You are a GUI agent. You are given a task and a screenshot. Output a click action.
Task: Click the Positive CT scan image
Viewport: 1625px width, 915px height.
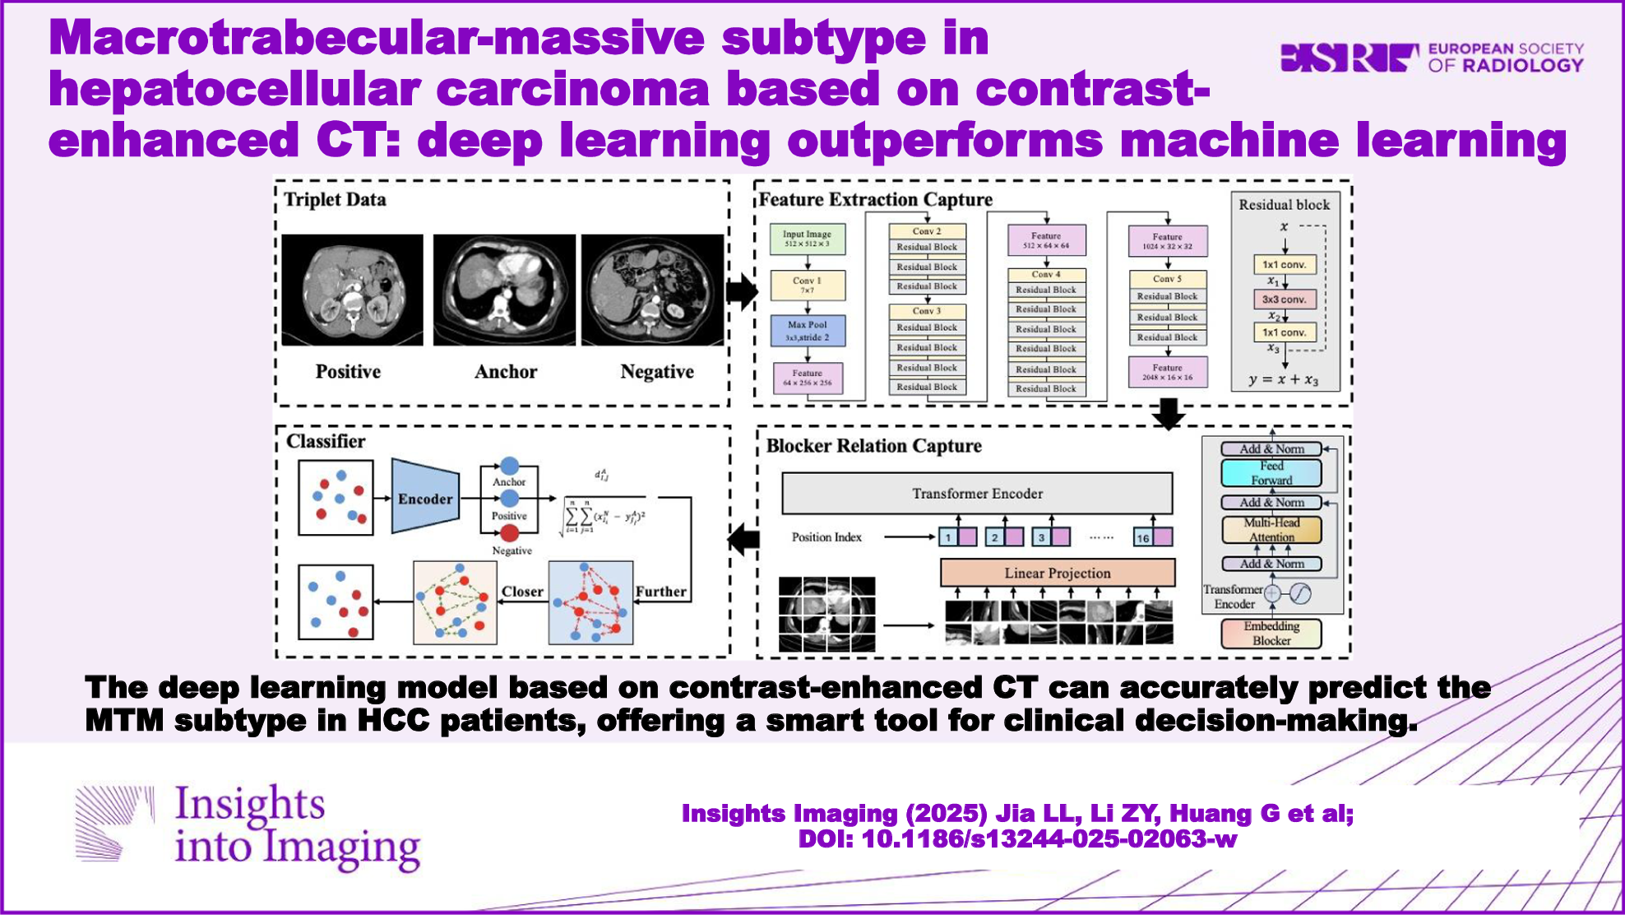352,290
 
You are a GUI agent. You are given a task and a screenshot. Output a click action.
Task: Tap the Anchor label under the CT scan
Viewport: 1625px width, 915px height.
506,372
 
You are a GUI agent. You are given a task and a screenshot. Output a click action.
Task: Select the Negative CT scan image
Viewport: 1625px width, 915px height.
653,290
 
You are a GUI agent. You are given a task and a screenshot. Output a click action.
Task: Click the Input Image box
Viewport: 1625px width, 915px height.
807,239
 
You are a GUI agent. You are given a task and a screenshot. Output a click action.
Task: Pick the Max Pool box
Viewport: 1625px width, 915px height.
807,331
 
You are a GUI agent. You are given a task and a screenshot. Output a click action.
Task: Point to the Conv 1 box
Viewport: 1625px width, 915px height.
807,285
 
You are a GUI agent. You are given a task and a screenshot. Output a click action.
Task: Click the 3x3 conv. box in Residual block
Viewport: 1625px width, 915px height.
1284,300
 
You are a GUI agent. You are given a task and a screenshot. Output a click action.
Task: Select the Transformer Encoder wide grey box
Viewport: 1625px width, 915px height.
977,494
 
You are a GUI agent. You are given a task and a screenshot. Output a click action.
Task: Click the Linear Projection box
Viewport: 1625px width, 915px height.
1058,573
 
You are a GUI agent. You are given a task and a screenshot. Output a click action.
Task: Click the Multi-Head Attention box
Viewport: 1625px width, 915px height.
1271,530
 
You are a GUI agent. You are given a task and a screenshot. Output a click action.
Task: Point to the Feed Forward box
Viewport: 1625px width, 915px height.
1271,473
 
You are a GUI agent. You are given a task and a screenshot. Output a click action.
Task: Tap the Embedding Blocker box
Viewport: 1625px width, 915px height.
1271,634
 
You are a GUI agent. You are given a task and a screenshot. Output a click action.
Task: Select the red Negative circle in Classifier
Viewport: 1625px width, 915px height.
510,533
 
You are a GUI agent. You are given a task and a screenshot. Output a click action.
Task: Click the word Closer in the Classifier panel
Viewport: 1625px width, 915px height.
522,592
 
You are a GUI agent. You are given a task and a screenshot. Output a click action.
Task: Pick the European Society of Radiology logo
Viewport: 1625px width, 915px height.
1432,58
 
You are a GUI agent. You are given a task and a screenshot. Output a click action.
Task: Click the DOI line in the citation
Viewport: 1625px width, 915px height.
1017,839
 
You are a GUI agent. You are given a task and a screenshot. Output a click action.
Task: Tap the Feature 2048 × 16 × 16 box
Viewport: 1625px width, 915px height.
1167,372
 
